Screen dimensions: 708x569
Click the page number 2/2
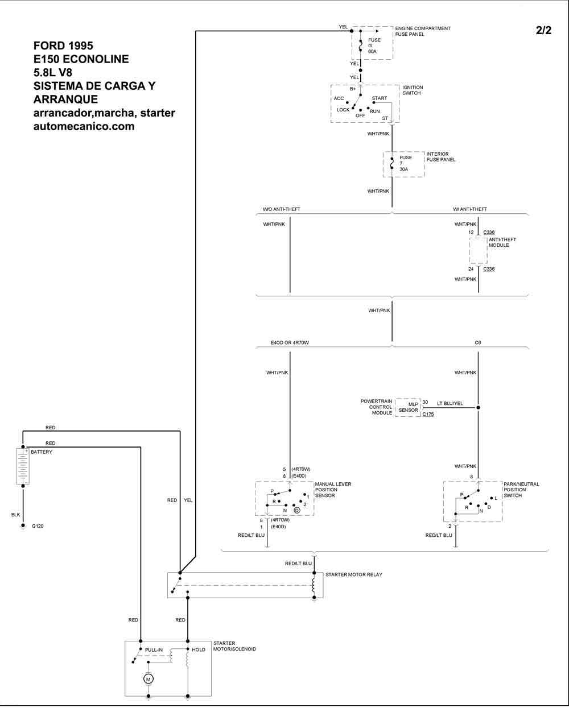(x=543, y=31)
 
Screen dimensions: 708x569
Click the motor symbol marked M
(x=148, y=679)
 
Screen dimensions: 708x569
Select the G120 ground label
(x=38, y=526)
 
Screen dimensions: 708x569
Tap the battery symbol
(x=23, y=466)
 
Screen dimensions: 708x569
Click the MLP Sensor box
(x=408, y=407)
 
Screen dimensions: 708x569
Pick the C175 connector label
(x=428, y=415)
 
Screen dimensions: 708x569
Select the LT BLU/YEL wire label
(x=450, y=403)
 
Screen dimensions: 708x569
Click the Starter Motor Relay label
(x=353, y=574)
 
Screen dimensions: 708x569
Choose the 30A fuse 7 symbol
(x=392, y=164)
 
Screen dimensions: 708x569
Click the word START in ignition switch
(x=379, y=98)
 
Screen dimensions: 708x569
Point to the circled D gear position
(x=296, y=510)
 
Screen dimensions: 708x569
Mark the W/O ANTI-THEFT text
(x=281, y=209)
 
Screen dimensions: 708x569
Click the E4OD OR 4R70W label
(x=293, y=343)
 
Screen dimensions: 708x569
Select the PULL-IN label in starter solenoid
(x=154, y=649)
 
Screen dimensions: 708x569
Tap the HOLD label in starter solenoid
(x=199, y=649)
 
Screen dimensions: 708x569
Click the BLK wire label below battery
(x=15, y=515)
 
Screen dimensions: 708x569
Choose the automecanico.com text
(x=84, y=127)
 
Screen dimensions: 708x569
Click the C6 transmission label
(x=478, y=343)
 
